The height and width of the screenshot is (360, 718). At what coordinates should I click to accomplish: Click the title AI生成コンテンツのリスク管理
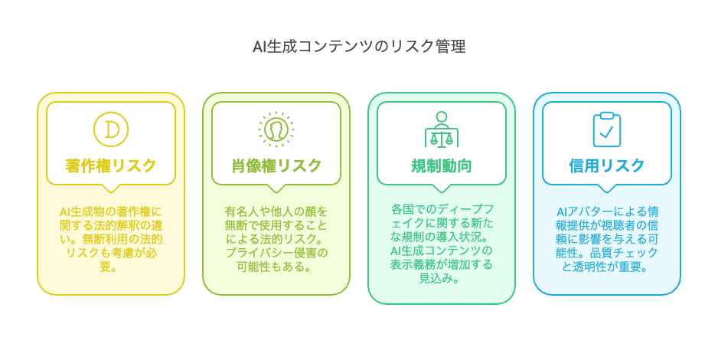359,46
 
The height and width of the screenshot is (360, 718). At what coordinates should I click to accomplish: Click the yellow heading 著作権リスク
111,165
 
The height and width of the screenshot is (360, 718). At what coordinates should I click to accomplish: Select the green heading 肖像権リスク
276,165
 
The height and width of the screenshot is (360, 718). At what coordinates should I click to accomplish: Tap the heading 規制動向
442,165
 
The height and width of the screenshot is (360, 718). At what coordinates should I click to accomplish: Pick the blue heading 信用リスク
607,165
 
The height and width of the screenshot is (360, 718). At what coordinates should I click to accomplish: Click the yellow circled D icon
111,129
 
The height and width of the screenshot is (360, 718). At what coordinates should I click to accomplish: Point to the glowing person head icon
276,129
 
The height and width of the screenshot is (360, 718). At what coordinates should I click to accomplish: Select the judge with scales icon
442,129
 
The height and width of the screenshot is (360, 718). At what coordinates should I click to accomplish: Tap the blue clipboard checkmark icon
607,129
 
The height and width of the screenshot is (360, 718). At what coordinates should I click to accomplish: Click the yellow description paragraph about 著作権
111,239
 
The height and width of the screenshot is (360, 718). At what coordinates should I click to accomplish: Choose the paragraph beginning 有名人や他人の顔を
276,239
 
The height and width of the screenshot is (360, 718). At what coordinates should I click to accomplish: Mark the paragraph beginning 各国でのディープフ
442,244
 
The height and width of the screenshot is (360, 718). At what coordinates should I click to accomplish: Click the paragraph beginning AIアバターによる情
607,239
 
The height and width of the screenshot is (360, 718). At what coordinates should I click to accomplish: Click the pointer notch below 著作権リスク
111,188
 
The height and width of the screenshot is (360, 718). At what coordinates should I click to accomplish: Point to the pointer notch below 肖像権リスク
276,188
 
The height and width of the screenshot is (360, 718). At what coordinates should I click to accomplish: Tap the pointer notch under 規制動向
442,188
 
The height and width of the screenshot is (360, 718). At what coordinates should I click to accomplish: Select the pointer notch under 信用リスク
607,188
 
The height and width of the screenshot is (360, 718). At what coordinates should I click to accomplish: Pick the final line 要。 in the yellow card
109,267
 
